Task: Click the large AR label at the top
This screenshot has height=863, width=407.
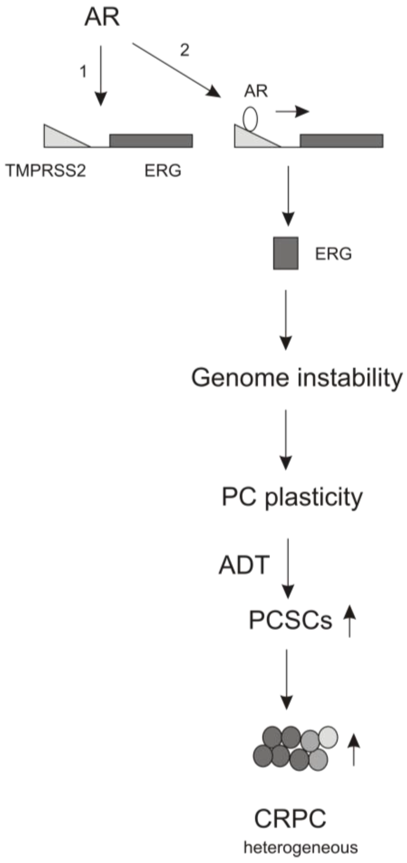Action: click(102, 18)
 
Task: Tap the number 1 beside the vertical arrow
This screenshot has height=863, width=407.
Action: click(83, 72)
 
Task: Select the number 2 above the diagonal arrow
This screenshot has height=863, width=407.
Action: click(184, 50)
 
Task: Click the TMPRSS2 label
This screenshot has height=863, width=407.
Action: click(46, 171)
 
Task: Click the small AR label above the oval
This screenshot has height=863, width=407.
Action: click(256, 91)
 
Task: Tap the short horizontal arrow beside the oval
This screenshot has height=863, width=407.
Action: click(292, 112)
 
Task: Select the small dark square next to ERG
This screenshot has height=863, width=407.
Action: click(286, 253)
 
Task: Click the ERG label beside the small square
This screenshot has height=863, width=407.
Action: click(333, 254)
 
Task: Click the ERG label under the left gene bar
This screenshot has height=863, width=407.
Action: click(163, 171)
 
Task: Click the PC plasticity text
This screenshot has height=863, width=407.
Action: click(292, 497)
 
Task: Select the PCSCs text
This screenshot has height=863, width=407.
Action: click(290, 620)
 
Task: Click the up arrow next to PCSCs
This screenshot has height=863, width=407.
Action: click(349, 621)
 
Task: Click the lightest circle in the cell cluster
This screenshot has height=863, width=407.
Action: click(328, 736)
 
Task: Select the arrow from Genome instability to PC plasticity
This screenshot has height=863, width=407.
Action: click(286, 439)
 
